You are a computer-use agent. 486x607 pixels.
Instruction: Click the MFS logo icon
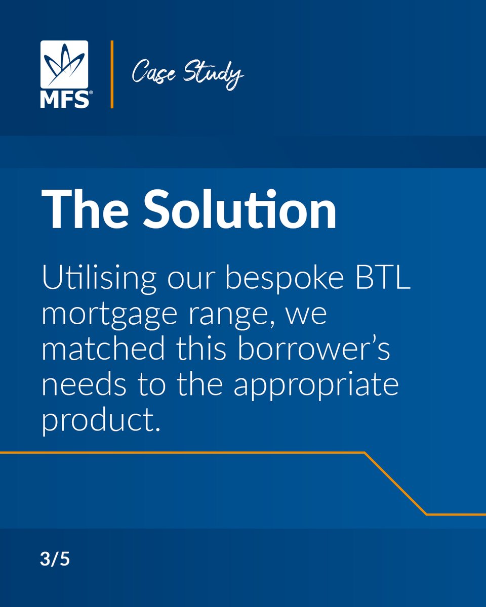64,65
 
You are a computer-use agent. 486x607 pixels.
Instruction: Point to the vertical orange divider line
112,74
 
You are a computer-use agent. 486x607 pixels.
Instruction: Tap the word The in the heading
88,210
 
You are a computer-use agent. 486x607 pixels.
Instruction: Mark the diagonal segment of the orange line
395,484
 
